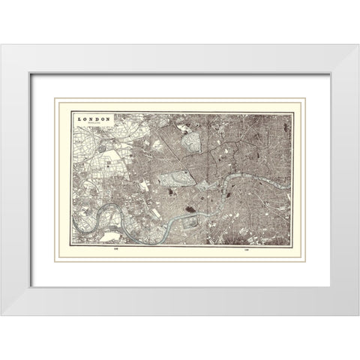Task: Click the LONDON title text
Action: tap(94, 118)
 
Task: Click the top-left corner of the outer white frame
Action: tap(1, 45)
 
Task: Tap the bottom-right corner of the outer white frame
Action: tap(358, 314)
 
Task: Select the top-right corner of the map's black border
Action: tap(292, 113)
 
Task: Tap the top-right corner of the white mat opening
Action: tap(329, 73)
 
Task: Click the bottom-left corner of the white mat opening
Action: tap(31, 286)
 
